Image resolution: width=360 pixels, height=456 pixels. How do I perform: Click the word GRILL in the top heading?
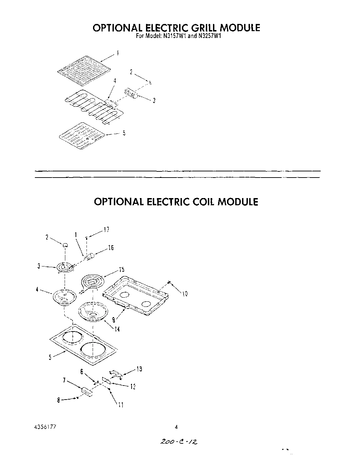(196, 28)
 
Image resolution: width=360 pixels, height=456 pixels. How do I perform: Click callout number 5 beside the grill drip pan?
(124, 133)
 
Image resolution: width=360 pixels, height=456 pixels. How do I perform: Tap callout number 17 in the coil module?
(106, 230)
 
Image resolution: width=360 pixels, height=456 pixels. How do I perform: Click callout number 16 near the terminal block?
(110, 248)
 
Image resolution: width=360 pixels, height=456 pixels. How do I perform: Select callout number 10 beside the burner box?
(185, 294)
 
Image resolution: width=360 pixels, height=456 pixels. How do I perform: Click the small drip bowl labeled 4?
(64, 296)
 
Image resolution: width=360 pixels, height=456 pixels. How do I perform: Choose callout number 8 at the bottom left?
(58, 400)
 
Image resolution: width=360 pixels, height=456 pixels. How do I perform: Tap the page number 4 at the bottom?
(176, 427)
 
